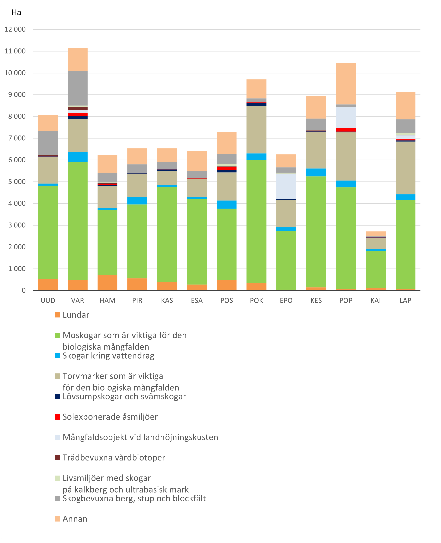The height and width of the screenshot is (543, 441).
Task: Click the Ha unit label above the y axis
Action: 16,13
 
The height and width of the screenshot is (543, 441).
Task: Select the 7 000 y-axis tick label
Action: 15,138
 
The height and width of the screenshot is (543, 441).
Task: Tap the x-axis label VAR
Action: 77,301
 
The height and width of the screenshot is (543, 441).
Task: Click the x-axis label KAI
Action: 375,301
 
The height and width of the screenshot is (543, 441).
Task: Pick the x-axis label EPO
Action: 286,301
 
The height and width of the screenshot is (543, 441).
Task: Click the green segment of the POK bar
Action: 256,221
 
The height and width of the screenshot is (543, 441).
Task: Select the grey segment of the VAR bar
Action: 77,88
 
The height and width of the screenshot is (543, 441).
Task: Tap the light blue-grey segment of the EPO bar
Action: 286,186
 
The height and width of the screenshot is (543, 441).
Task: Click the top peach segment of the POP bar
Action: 346,84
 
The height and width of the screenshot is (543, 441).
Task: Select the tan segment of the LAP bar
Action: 405,168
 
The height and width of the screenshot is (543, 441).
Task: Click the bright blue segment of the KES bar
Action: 316,172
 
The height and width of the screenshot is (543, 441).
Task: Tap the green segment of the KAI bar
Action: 375,269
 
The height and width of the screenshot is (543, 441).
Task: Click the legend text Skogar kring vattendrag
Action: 108,356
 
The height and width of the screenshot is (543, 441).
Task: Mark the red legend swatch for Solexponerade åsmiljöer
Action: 58,417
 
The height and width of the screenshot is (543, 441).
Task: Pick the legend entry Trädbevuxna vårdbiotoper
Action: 114,458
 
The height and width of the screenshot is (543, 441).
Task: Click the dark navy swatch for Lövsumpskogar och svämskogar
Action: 58,397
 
